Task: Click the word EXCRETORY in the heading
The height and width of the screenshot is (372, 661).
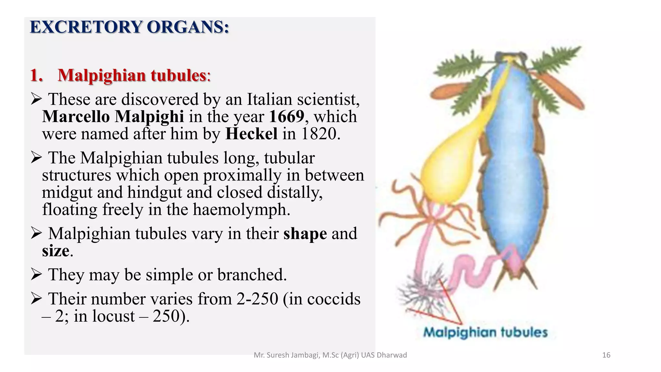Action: click(x=86, y=27)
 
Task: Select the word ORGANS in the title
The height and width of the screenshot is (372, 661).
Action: click(x=188, y=27)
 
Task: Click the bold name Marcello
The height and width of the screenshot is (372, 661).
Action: click(x=76, y=117)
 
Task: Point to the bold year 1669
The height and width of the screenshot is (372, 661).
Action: click(x=287, y=117)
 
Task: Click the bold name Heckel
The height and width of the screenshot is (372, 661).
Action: click(x=251, y=134)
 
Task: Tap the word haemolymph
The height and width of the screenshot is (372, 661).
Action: click(x=241, y=210)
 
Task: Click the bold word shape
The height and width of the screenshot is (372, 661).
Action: click(x=305, y=233)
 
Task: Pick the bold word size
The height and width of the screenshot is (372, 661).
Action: click(x=56, y=251)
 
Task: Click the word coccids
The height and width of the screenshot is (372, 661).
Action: click(x=334, y=299)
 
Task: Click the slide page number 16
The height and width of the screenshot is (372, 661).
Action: click(x=606, y=355)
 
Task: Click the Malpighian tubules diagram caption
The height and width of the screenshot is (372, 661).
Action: click(x=485, y=332)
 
